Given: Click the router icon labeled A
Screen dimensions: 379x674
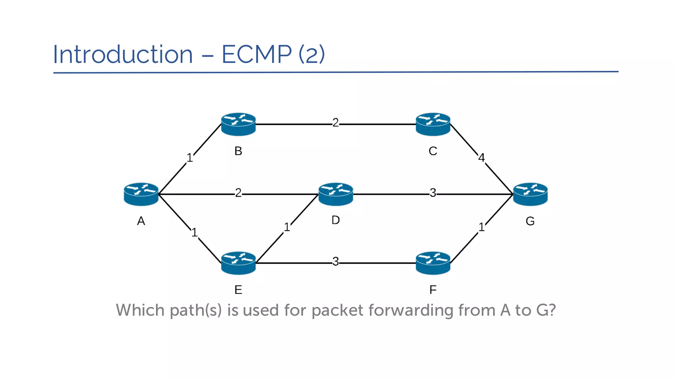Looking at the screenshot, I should coord(141,194).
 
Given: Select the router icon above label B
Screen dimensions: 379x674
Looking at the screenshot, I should coord(238,124).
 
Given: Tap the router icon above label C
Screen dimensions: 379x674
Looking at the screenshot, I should coord(433,124).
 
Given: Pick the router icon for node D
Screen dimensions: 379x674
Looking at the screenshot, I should coord(336,194).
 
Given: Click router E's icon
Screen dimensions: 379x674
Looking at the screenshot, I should coord(238,263).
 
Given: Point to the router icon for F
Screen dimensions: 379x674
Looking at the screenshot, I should coord(433,263).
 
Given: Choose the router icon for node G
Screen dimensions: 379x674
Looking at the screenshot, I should coord(530,194).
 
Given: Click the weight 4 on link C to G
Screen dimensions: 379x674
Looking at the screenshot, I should coord(481,158).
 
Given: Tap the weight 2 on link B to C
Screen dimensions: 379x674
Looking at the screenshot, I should coord(335,123).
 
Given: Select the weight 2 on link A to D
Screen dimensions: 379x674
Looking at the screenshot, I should coord(238,193).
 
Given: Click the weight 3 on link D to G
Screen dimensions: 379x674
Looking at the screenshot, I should coord(433,193).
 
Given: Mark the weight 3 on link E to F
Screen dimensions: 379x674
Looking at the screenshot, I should coord(335,262).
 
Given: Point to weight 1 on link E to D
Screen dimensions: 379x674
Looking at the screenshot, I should coord(287,227).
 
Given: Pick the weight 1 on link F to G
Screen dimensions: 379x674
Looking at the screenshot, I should coord(481,227).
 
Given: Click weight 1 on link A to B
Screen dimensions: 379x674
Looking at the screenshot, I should coord(190,158).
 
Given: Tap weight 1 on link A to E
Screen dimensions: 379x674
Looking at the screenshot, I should coord(194,233).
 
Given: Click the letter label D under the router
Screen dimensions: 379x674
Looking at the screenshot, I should coord(336,220).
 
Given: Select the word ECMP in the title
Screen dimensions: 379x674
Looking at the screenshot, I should coord(257,54).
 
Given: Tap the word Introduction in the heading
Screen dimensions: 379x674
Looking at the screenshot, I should coord(123,54).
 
